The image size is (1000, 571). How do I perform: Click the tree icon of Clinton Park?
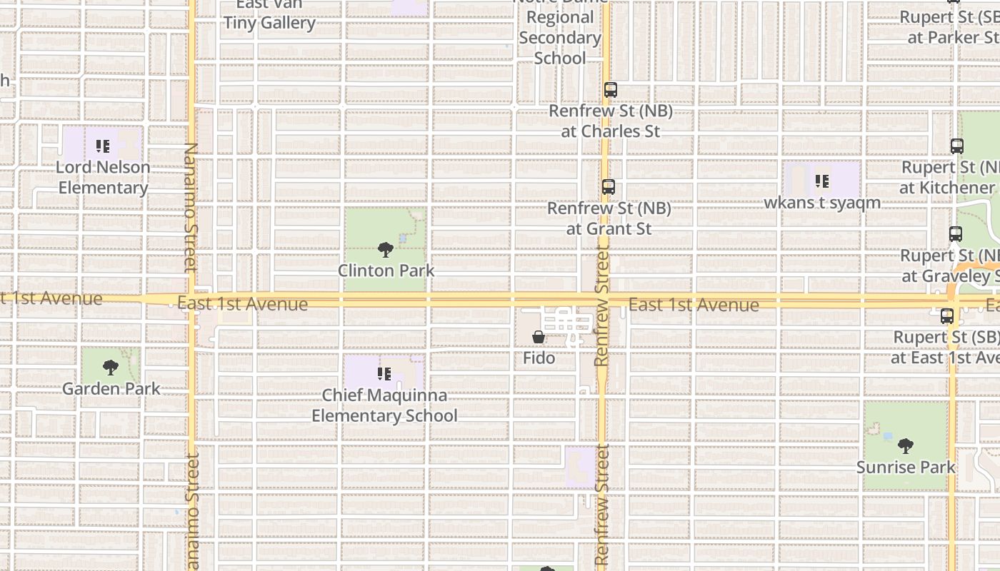coord(386,250)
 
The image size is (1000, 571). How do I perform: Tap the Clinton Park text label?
coord(386,271)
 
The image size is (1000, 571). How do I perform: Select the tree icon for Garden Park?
coord(111,368)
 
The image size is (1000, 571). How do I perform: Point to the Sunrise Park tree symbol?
coord(906,447)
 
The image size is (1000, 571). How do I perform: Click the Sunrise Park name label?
coord(906,468)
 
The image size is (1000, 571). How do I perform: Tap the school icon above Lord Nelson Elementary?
coord(103,147)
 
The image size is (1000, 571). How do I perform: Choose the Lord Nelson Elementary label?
coord(104,178)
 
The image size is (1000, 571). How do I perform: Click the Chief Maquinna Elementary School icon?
coord(384,374)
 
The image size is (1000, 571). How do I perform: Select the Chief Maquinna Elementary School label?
coord(384,405)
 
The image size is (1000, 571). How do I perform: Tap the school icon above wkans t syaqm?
coord(822,182)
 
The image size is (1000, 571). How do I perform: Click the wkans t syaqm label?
coord(822,203)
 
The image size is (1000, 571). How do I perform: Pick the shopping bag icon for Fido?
coord(539,337)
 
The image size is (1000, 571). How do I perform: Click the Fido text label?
coord(539,358)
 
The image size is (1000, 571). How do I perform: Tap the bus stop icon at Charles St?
coord(610,90)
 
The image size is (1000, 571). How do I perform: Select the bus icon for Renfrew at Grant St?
coord(609,187)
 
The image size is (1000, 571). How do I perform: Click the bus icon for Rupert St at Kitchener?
coord(957,146)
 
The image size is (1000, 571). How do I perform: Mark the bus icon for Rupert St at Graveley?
coord(956,234)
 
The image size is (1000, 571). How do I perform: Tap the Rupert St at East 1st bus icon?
coord(947,316)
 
